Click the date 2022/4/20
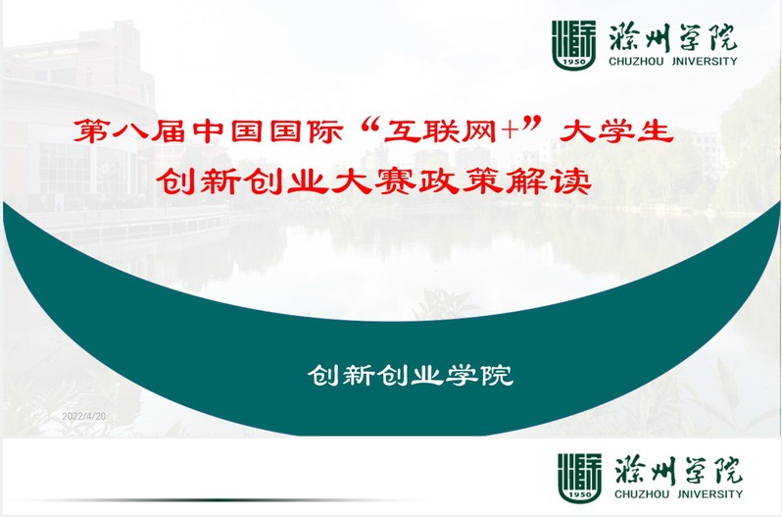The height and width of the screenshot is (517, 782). (84, 416)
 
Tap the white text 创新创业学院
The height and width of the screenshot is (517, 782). (411, 376)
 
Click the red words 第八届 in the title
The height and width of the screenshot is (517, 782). (129, 131)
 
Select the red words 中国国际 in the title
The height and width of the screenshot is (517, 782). (268, 131)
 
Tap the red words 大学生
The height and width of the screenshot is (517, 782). (616, 131)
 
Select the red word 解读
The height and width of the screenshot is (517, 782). (549, 181)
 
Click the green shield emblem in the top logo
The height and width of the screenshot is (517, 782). (573, 45)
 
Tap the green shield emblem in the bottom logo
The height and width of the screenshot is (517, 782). (579, 478)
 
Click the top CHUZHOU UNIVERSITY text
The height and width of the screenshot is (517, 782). (673, 62)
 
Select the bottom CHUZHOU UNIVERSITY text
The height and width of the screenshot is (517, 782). (679, 494)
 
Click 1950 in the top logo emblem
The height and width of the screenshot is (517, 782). (573, 62)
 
